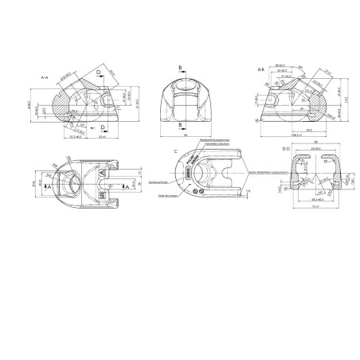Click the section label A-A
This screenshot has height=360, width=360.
(x=45, y=76)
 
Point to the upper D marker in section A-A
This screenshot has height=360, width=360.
(x=99, y=71)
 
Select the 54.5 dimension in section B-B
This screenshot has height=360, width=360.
(x=305, y=128)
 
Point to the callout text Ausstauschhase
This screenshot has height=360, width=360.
(x=160, y=182)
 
